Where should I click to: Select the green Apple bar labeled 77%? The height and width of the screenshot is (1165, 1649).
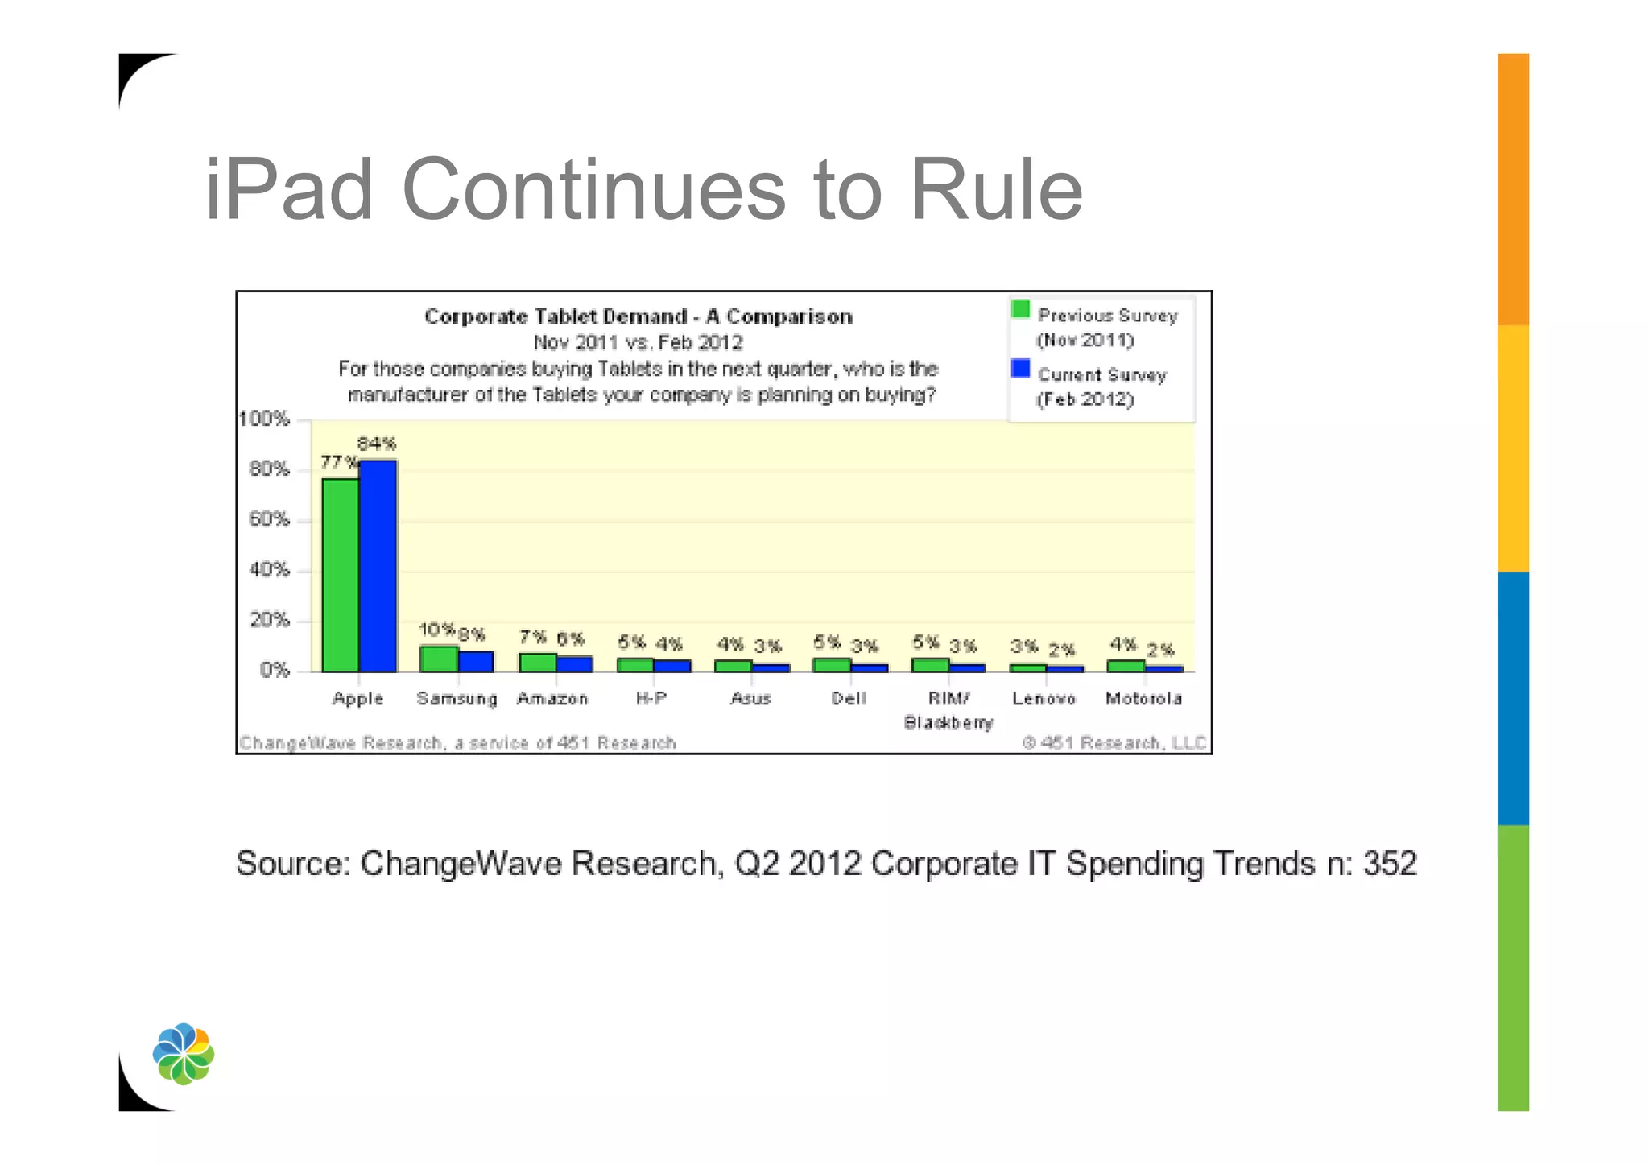point(340,575)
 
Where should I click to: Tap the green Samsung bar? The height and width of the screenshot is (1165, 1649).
point(439,659)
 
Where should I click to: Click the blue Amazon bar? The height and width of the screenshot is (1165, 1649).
point(575,664)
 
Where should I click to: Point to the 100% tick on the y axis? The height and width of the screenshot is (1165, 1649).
point(264,419)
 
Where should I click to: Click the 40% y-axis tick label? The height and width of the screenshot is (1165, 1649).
point(269,569)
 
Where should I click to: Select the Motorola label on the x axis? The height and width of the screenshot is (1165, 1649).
point(1143,699)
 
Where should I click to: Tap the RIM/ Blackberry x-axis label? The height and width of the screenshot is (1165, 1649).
point(948,710)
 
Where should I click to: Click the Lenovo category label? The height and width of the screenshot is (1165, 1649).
point(1044,699)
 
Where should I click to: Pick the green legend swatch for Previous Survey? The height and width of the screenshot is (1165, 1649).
point(1020,309)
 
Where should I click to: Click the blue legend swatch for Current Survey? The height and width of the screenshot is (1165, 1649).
point(1020,369)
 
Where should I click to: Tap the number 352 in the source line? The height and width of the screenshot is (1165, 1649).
point(1389,864)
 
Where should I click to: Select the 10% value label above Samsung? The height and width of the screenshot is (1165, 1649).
point(436,629)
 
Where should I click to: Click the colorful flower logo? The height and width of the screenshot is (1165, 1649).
point(184,1054)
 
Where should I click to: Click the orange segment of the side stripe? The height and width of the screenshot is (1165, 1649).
point(1513,189)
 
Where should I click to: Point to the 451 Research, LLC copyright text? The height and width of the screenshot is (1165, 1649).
point(1114,742)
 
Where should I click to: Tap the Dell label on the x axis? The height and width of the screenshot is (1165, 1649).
point(849,699)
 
